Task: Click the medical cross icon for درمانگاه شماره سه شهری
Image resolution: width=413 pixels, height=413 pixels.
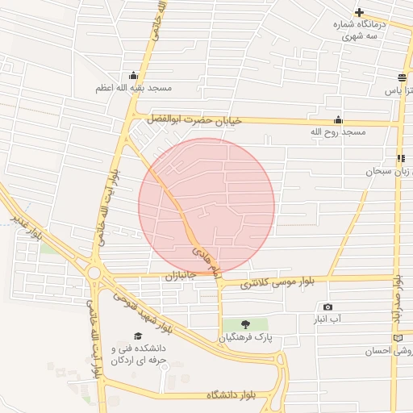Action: coord(359,13)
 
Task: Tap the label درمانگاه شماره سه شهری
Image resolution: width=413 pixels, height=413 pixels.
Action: coord(360,31)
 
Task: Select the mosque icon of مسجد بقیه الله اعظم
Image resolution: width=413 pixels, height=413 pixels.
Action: coord(133,75)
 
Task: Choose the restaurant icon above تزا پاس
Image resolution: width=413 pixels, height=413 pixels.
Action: coord(401,78)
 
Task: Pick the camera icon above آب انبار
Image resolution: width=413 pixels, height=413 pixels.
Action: coord(327,307)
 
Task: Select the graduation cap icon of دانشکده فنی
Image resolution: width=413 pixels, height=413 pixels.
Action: coord(137,336)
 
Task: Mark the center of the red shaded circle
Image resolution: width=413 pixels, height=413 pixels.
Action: coord(206,206)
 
